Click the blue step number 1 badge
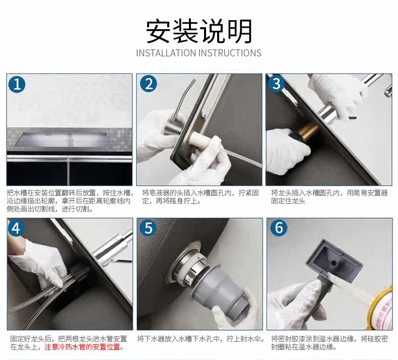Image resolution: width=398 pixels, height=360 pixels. click(x=17, y=84)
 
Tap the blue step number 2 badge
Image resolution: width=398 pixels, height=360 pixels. click(x=149, y=84)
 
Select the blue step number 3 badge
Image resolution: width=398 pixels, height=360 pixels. click(x=276, y=84)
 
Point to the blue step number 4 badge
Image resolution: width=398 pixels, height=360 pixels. click(x=16, y=228)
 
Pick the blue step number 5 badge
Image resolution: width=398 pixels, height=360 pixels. click(x=148, y=228)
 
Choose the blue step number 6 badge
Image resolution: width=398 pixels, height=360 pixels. click(x=279, y=228)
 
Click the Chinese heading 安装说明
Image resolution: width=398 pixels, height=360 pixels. click(x=200, y=31)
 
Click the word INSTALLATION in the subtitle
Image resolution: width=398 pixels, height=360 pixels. click(x=166, y=53)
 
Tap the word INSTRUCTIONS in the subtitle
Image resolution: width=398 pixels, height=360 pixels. click(x=230, y=53)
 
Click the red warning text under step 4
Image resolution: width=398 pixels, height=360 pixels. click(x=82, y=347)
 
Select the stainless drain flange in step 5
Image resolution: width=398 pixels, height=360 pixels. click(x=184, y=264)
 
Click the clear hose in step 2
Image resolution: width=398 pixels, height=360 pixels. click(x=233, y=156)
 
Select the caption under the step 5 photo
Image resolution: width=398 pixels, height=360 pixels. click(x=201, y=339)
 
